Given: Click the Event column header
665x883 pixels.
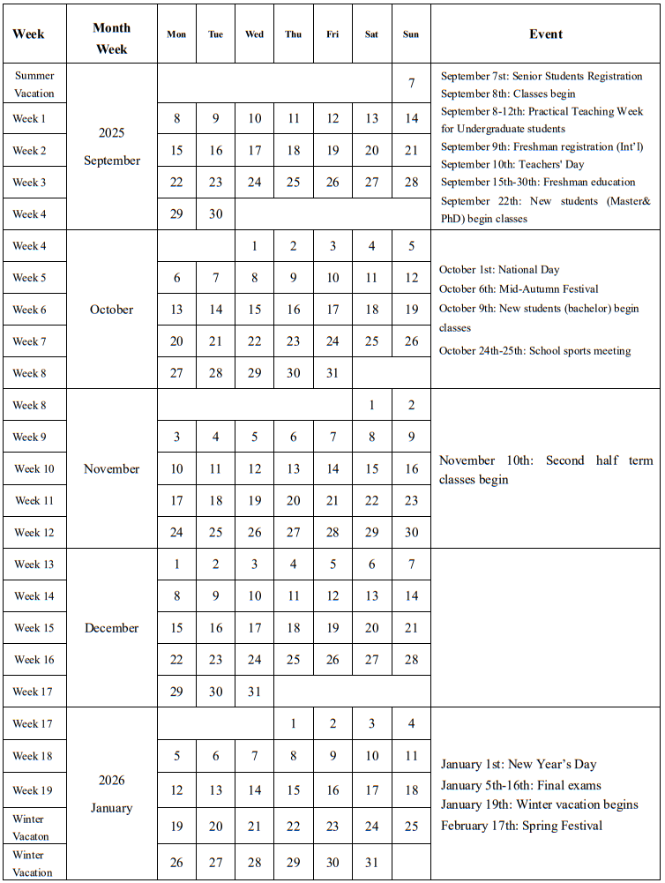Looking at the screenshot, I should (546, 34).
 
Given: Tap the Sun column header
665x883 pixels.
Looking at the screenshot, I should (411, 34).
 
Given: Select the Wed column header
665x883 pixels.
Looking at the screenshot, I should (254, 34).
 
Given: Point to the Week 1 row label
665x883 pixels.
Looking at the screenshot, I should (29, 118).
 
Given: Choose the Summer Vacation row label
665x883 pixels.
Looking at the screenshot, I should (34, 85).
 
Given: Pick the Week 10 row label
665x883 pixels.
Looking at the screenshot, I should (34, 468).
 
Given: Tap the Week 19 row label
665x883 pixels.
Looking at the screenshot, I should (34, 790).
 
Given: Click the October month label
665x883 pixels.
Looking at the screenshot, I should (112, 310).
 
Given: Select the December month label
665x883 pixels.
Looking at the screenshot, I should (112, 628).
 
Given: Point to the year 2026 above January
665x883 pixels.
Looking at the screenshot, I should (112, 781).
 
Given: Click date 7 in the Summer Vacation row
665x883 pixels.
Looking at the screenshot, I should (411, 84).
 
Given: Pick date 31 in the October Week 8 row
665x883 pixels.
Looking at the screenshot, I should (332, 373).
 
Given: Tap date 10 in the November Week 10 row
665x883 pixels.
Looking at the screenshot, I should (176, 469).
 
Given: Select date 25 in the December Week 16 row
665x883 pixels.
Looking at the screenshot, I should (294, 660).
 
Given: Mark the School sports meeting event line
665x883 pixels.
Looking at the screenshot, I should (534, 350).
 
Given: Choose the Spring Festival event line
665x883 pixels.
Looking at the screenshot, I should (521, 826).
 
